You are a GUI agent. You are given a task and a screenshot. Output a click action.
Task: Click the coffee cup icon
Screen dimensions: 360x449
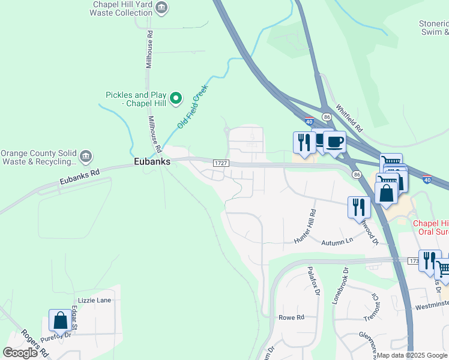click(x=334, y=142)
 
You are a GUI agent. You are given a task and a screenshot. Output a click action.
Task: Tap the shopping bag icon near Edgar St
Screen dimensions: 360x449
click(x=61, y=321)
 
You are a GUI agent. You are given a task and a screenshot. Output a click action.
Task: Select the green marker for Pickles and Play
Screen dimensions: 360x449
click(x=175, y=98)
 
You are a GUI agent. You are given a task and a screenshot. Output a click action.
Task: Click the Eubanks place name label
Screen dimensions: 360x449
click(x=152, y=161)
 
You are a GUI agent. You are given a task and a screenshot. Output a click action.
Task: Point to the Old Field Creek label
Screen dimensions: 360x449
click(x=192, y=107)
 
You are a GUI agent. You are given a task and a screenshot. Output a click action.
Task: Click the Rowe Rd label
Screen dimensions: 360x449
click(x=292, y=317)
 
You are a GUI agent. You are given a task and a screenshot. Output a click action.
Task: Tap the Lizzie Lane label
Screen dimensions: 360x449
click(x=94, y=300)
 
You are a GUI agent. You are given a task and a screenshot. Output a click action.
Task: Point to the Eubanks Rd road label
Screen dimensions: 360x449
click(x=78, y=177)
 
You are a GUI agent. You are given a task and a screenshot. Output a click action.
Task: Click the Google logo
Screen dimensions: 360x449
click(x=20, y=353)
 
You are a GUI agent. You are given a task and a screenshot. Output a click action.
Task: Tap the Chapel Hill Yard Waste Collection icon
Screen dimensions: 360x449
click(x=161, y=8)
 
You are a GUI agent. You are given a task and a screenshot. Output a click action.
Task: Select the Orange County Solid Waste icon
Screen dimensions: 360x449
click(x=85, y=157)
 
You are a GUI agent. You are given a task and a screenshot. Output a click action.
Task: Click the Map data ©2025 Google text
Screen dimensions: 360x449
click(x=411, y=355)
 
